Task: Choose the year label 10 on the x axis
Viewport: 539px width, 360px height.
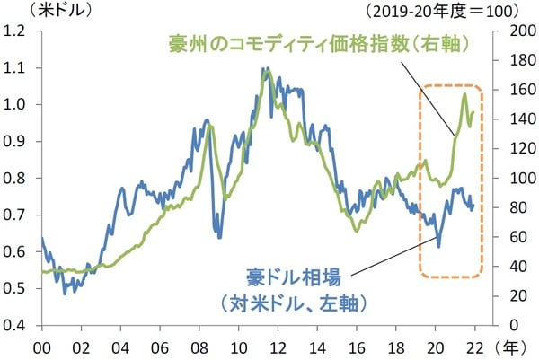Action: point(238,345)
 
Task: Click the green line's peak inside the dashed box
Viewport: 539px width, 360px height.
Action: point(464,93)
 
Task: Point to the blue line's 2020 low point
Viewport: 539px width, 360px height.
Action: point(438,246)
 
